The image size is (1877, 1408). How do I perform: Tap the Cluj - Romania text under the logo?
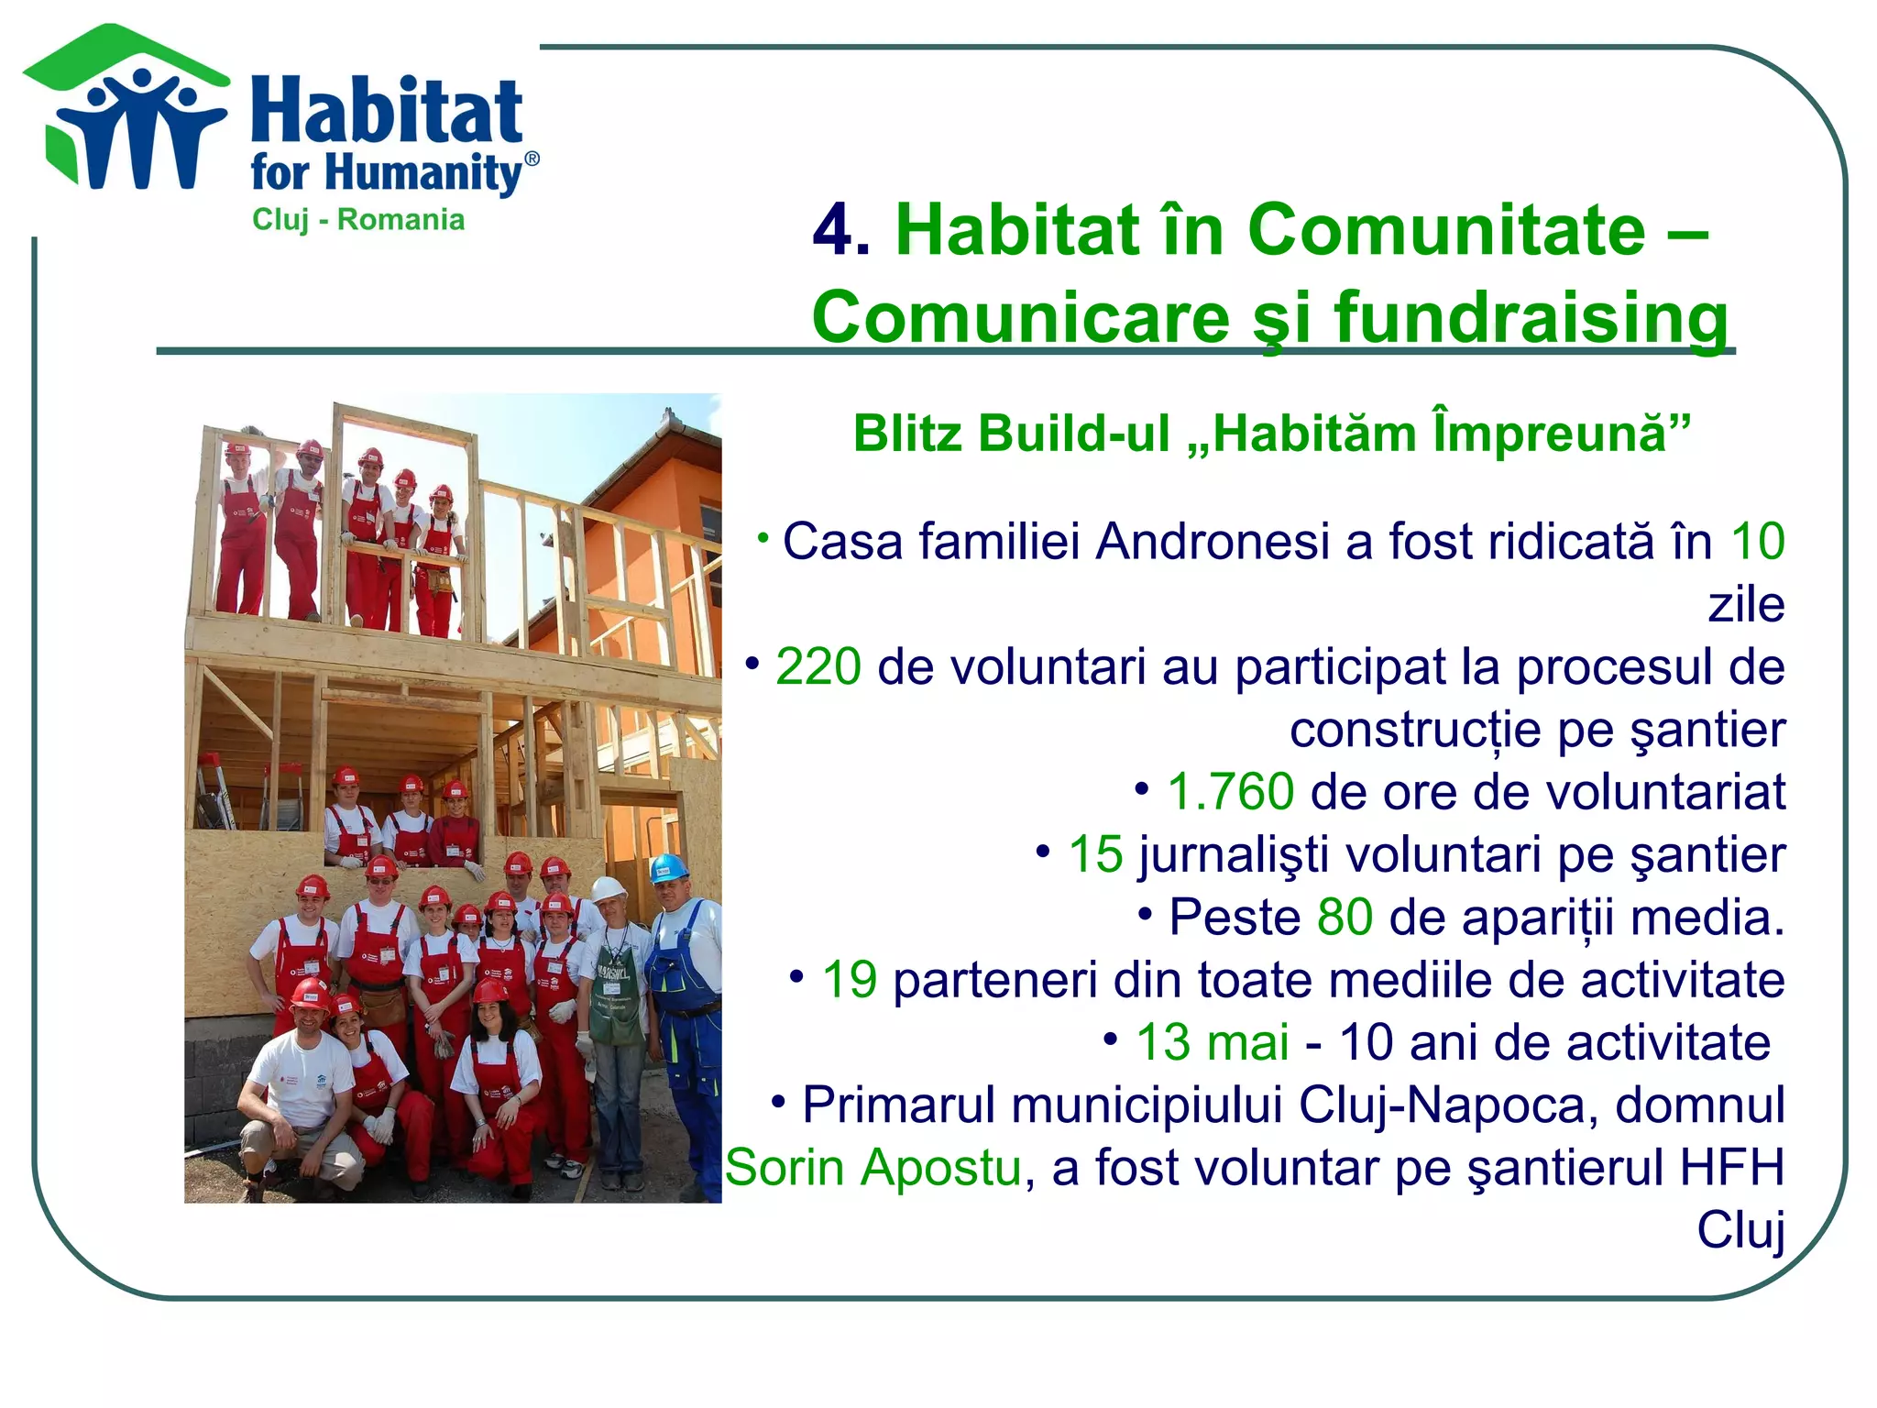tap(358, 220)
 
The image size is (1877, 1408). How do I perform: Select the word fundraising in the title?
tap(1531, 317)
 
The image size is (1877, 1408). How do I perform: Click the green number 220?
tap(818, 666)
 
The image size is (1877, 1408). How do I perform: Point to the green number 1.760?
tap(1230, 792)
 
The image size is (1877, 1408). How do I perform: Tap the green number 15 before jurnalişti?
tap(1095, 854)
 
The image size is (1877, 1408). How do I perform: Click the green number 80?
tap(1345, 917)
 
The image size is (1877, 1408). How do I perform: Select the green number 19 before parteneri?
tap(850, 980)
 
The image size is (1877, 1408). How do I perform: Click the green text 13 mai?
tap(1212, 1042)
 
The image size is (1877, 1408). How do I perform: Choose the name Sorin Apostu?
tap(873, 1168)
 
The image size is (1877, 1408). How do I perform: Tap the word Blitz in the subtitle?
tap(907, 433)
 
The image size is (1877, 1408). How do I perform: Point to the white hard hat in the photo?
tap(607, 888)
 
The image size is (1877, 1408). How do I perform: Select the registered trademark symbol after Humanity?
tap(531, 159)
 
